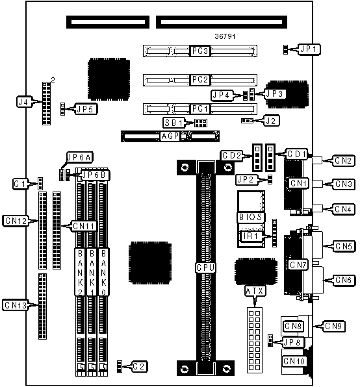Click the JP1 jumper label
pos(309,49)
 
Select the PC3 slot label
pos(199,51)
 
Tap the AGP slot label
pos(170,136)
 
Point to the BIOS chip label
pos(250,217)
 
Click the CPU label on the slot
pos(205,268)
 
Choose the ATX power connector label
pos(255,292)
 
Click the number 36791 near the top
pos(225,36)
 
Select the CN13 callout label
pos(16,305)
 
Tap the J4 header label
pos(24,102)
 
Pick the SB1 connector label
pos(174,123)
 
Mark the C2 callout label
pos(139,366)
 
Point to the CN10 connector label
pos(294,361)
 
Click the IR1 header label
pos(251,236)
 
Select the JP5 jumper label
pos(85,109)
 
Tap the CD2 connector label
pos(231,155)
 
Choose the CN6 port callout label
pos(344,280)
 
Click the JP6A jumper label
pos(80,157)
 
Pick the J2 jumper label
pos(271,121)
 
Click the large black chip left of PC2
pos(109,79)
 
